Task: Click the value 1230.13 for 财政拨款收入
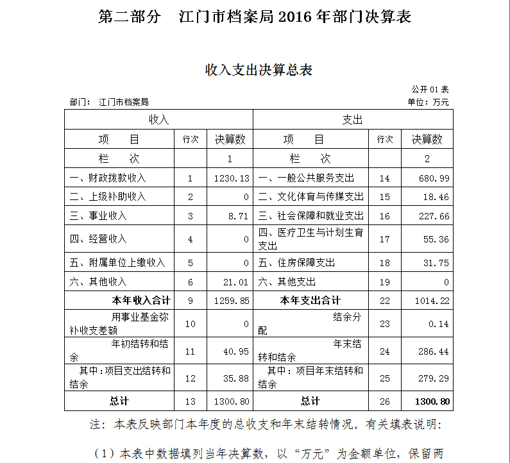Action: [232, 178]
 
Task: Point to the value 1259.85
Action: [232, 301]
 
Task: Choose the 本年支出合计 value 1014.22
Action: [433, 301]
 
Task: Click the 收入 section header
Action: [158, 120]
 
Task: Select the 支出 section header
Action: [353, 120]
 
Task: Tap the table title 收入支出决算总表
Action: [259, 70]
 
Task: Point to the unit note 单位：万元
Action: [428, 102]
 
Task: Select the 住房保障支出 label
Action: [296, 263]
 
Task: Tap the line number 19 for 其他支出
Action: [384, 282]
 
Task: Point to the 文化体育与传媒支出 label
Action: [310, 197]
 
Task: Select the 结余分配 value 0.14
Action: [439, 324]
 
